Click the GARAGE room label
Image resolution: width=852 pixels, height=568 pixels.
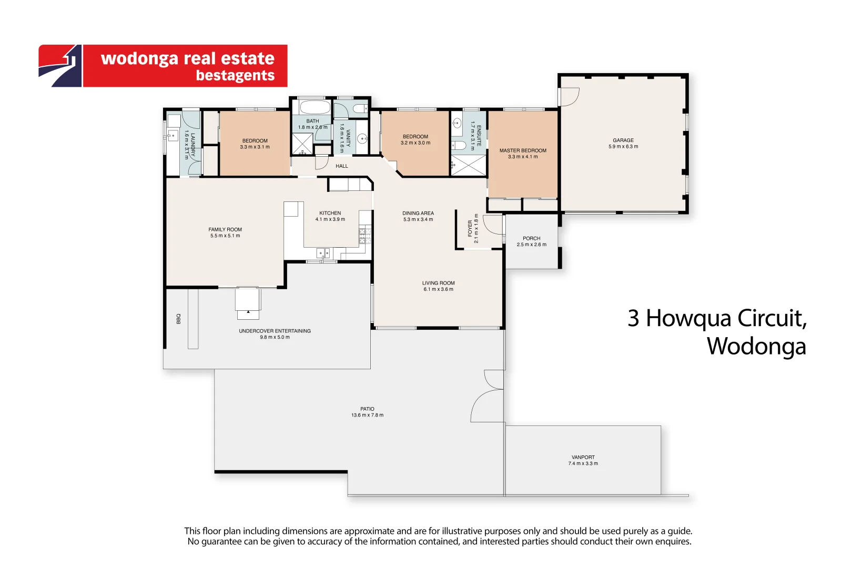pyautogui.click(x=623, y=140)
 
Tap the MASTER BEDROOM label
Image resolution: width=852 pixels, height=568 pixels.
pyautogui.click(x=523, y=150)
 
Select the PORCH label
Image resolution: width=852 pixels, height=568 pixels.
pyautogui.click(x=531, y=238)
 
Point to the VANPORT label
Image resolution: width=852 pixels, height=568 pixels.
pyautogui.click(x=583, y=457)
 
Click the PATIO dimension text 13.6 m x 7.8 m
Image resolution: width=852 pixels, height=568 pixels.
pyautogui.click(x=367, y=415)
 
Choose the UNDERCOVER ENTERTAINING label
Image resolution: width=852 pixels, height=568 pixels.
pyautogui.click(x=275, y=331)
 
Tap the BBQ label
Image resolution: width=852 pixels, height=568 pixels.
pyautogui.click(x=178, y=319)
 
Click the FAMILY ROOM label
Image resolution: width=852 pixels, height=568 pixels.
pyautogui.click(x=225, y=229)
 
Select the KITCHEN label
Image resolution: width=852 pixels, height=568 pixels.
pyautogui.click(x=330, y=213)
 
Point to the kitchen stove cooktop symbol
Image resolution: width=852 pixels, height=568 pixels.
pyautogui.click(x=365, y=236)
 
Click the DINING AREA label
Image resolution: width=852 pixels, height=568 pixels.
pyautogui.click(x=418, y=213)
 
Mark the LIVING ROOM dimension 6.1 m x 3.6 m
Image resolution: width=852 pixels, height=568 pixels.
pyautogui.click(x=438, y=289)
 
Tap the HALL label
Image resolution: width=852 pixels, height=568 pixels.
pyautogui.click(x=342, y=166)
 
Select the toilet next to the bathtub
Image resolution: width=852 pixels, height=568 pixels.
pyautogui.click(x=360, y=108)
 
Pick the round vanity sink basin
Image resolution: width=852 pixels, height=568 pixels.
pyautogui.click(x=362, y=139)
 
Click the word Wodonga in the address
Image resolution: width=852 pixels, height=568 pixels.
pyautogui.click(x=756, y=346)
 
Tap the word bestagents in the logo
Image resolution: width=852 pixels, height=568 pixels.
pyautogui.click(x=235, y=76)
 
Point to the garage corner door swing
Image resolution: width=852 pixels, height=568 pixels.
pyautogui.click(x=570, y=97)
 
